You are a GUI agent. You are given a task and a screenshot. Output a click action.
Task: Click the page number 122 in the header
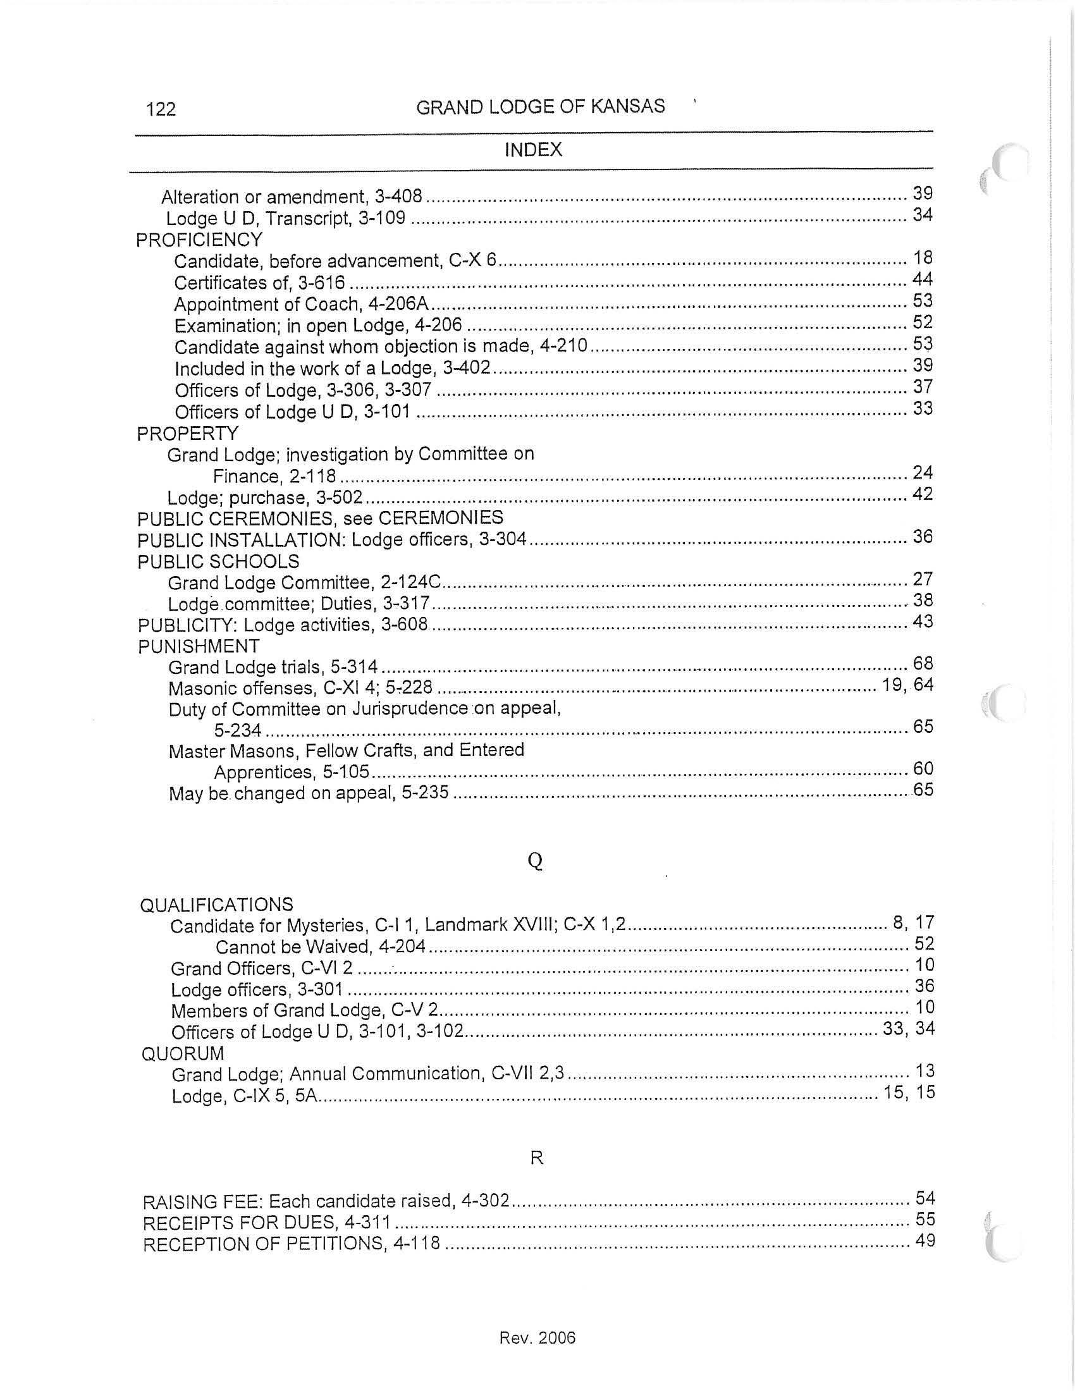pyautogui.click(x=161, y=109)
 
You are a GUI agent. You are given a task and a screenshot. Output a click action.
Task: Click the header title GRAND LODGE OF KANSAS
pyautogui.click(x=540, y=106)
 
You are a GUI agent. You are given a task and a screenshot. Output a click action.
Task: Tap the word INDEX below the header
pyautogui.click(x=533, y=150)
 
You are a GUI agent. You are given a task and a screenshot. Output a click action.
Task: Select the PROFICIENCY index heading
pyautogui.click(x=199, y=240)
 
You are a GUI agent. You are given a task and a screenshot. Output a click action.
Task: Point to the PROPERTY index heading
pyautogui.click(x=187, y=433)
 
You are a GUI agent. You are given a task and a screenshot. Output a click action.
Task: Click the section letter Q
pyautogui.click(x=536, y=861)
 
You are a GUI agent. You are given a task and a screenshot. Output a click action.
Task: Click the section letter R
pyautogui.click(x=536, y=1158)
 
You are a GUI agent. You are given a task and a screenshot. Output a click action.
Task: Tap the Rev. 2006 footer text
pyautogui.click(x=537, y=1337)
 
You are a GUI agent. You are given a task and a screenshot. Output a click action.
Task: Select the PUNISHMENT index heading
pyautogui.click(x=199, y=646)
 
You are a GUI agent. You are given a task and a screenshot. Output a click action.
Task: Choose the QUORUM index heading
pyautogui.click(x=183, y=1053)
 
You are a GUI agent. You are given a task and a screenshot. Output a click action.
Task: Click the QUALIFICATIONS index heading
pyautogui.click(x=216, y=904)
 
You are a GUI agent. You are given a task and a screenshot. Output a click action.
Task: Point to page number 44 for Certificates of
pyautogui.click(x=922, y=279)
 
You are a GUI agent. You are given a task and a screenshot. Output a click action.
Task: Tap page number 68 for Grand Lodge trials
pyautogui.click(x=923, y=664)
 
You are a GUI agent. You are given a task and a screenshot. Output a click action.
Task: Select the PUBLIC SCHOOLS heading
pyautogui.click(x=218, y=561)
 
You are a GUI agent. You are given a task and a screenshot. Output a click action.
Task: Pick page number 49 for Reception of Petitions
pyautogui.click(x=924, y=1241)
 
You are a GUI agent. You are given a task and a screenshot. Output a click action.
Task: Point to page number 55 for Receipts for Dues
pyautogui.click(x=924, y=1219)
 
